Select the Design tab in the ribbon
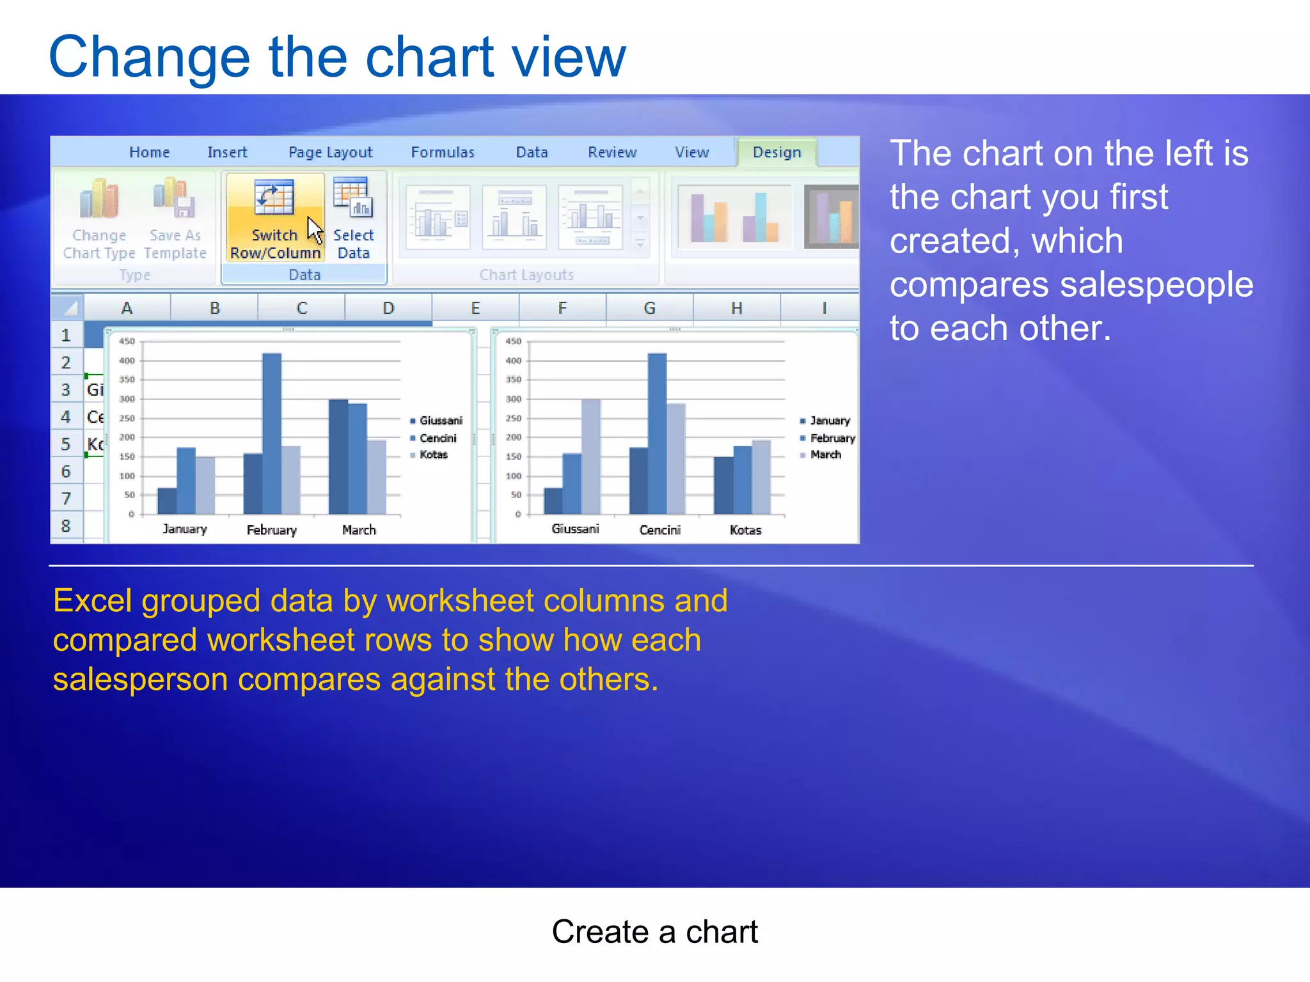tap(777, 152)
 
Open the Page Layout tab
tap(330, 152)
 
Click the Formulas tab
tap(443, 152)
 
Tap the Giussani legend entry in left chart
tap(440, 421)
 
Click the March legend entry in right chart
tap(825, 455)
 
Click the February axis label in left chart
tap(272, 530)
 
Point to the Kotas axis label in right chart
tap(745, 530)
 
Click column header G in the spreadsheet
tap(649, 308)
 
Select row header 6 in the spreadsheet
tap(66, 472)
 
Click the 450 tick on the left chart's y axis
tap(127, 341)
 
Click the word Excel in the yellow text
tap(93, 601)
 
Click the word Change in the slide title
tap(148, 58)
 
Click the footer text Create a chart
tap(654, 931)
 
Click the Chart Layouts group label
tap(526, 275)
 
